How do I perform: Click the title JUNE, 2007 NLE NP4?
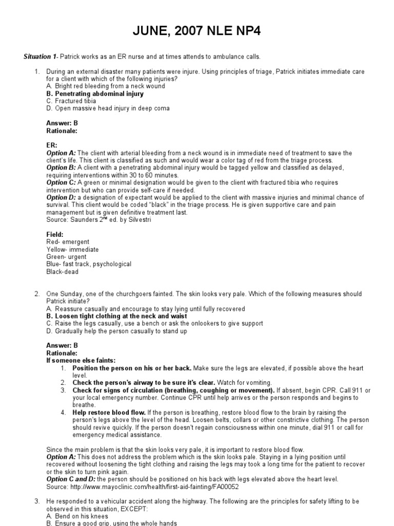[196, 31]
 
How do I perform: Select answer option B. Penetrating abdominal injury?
[95, 94]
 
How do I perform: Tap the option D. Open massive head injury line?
[108, 108]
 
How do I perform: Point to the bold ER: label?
[52, 146]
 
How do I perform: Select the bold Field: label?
[55, 235]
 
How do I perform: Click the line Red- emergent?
[67, 242]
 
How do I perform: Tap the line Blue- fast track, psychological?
[88, 264]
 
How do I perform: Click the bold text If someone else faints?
[81, 361]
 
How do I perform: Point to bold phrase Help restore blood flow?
[109, 412]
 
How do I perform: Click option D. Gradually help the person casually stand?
[116, 331]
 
